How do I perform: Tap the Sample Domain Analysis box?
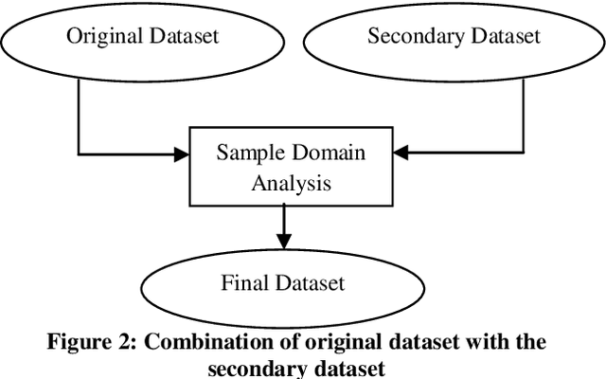tap(291, 167)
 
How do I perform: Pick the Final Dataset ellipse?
tap(282, 282)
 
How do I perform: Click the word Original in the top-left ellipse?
tap(99, 37)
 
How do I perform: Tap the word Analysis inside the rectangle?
tap(291, 182)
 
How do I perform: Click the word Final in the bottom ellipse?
tap(244, 282)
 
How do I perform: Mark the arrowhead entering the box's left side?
tap(184, 153)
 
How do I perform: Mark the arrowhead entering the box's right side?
tap(399, 153)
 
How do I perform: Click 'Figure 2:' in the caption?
tap(88, 342)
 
